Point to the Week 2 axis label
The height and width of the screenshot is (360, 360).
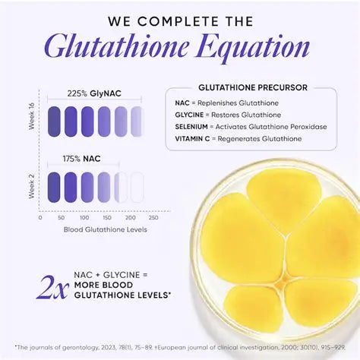coord(31,186)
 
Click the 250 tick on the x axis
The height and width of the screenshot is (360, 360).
coord(153,217)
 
